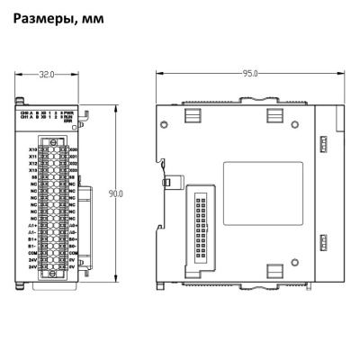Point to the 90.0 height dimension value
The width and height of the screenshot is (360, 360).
point(115,193)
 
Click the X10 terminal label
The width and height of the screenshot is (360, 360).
point(33,150)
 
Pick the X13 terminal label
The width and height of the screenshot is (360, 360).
point(33,171)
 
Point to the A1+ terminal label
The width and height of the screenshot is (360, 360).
point(33,225)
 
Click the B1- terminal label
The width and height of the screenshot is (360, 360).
point(33,246)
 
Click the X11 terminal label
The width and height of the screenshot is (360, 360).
point(33,157)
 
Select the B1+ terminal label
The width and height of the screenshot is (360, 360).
point(33,238)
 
